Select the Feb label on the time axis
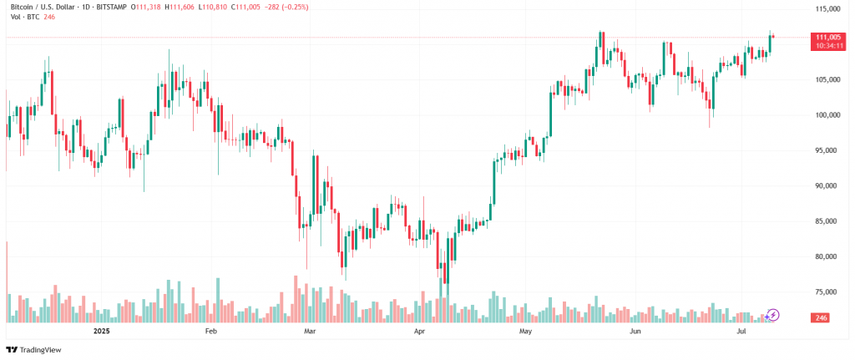(210, 332)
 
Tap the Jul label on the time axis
(741, 332)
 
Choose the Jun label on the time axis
(635, 332)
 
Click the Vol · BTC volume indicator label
(21, 17)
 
